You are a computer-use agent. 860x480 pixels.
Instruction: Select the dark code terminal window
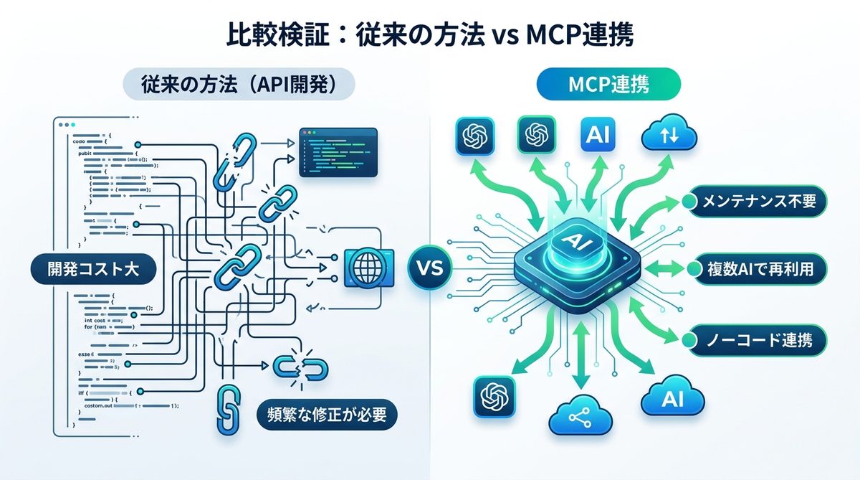[x=338, y=151]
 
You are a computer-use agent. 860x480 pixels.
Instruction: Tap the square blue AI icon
[x=598, y=134]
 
